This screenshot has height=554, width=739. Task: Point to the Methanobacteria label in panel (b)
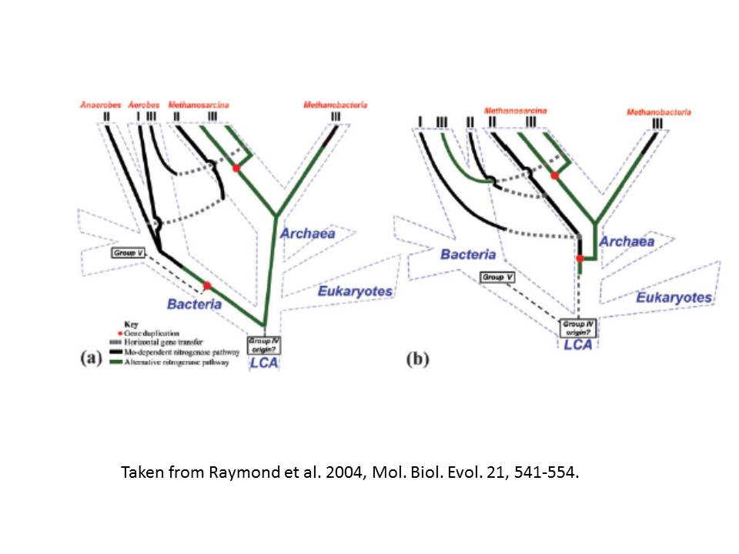coord(658,112)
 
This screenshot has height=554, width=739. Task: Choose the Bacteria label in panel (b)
coord(468,254)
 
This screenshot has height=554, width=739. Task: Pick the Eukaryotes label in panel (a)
coord(355,292)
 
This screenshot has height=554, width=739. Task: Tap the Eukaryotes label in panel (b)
coord(674,297)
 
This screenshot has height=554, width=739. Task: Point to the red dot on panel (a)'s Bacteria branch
coord(207,285)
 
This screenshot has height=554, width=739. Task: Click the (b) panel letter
coord(417,359)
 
